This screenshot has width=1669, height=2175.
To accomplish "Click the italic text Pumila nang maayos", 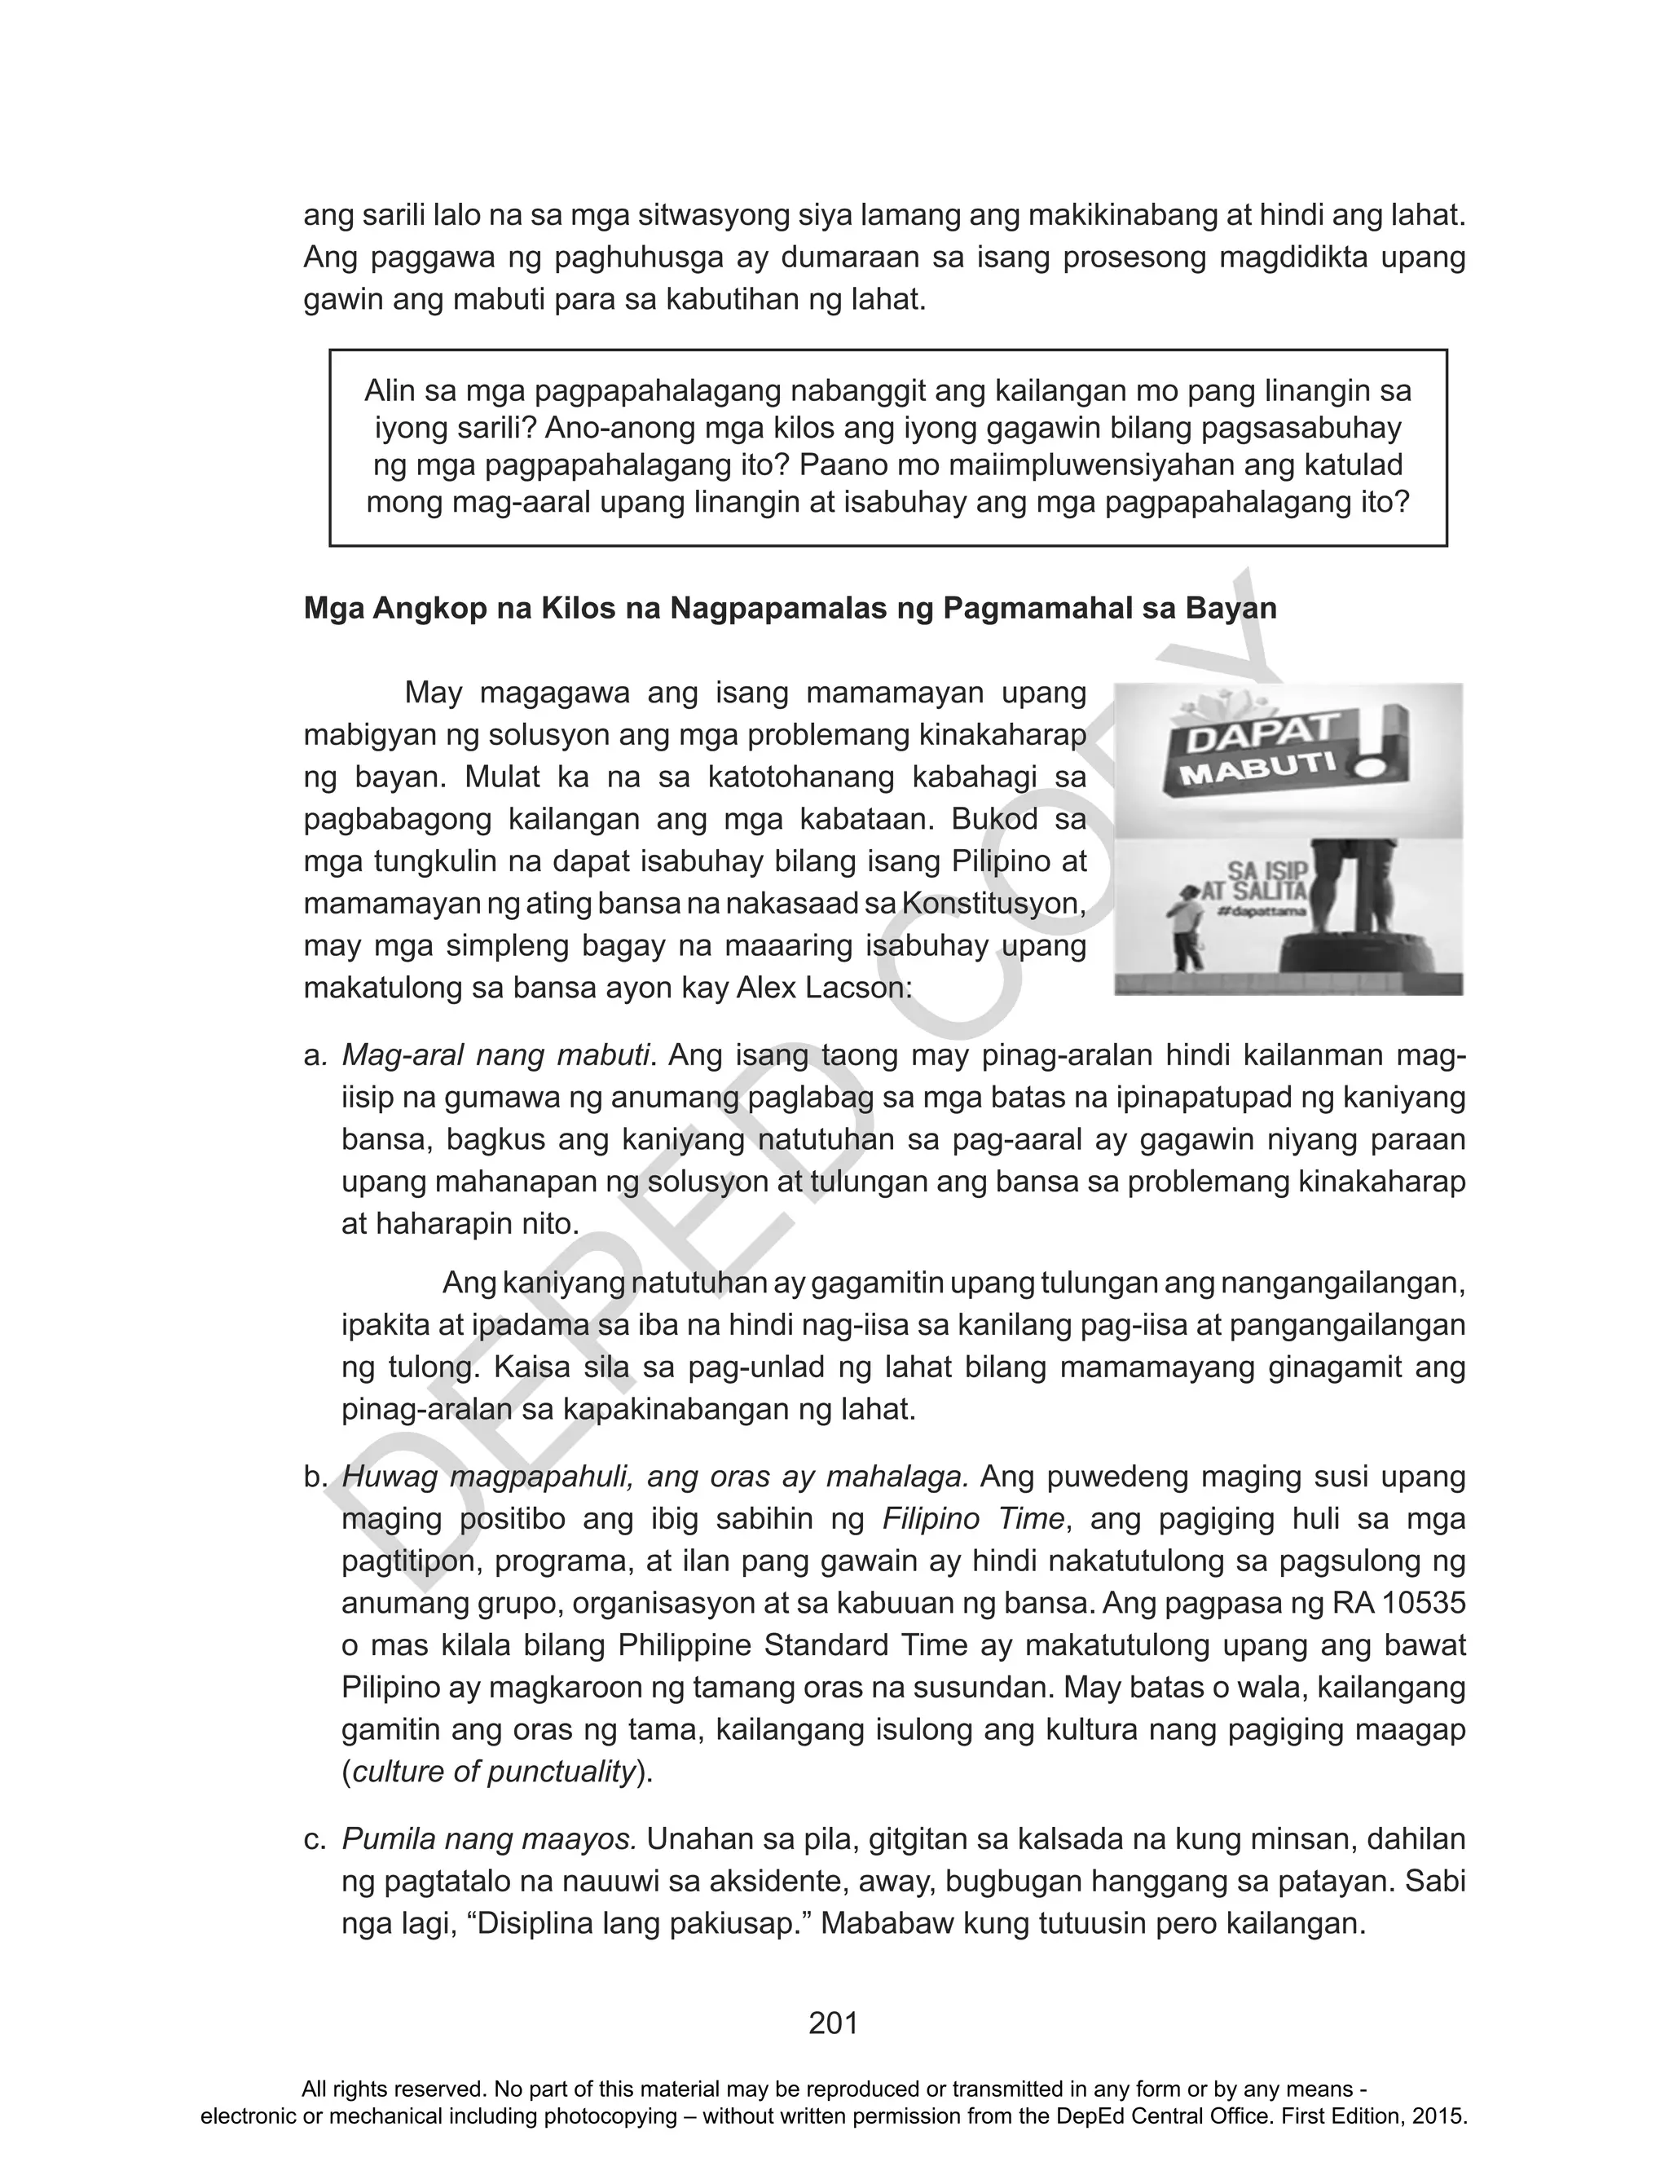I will tap(489, 1840).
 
